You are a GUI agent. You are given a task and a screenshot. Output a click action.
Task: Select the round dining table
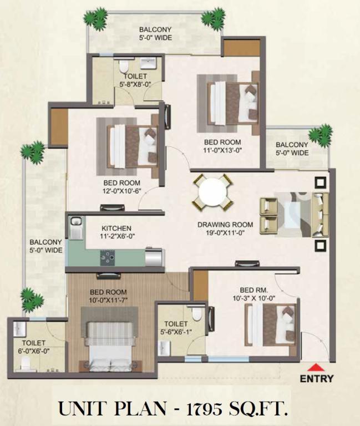coord(212,192)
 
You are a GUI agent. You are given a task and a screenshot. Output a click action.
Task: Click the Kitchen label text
coord(116,228)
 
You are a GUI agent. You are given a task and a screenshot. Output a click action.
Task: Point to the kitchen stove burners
coord(108,258)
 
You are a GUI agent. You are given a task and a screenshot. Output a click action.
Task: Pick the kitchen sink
coord(76,227)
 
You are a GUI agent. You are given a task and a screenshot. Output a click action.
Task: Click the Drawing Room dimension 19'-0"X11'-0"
coord(225,232)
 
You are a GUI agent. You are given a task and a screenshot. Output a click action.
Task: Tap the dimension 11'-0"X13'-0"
coord(222,150)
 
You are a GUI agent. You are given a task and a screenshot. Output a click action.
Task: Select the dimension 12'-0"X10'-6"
coord(122,190)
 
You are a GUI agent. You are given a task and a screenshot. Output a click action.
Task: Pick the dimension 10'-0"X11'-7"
coord(108,300)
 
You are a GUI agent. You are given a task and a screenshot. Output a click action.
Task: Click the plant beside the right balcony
coord(321,135)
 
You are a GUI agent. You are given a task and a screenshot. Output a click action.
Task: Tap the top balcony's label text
coord(155,33)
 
